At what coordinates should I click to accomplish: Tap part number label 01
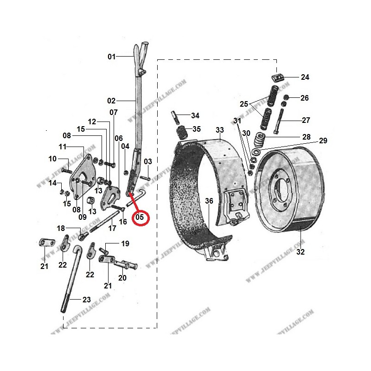[x=111, y=57]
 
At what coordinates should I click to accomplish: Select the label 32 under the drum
[x=300, y=252]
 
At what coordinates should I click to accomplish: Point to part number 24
[x=305, y=77]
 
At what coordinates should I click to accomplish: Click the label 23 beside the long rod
[x=86, y=300]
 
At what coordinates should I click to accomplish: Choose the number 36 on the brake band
[x=209, y=201]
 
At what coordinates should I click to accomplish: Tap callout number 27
[x=306, y=120]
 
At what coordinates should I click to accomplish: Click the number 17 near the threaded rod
[x=112, y=228]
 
